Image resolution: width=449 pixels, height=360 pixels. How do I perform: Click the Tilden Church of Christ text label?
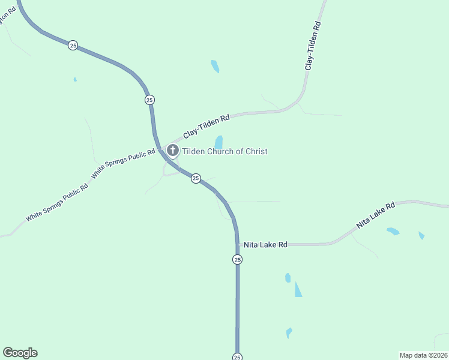click(224, 151)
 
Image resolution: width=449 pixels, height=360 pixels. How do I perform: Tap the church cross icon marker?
click(172, 151)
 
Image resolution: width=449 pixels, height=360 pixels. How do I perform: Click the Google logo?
click(20, 353)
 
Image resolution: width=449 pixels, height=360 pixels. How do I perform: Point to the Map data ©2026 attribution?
click(423, 355)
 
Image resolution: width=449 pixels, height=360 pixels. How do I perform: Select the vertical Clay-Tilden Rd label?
click(313, 46)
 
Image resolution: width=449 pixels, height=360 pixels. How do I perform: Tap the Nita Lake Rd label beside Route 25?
click(265, 245)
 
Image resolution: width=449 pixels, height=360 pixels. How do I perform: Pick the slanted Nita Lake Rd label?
click(376, 215)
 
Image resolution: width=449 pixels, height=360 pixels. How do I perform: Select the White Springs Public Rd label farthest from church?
click(57, 202)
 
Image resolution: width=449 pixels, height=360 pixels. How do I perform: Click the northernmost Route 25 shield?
click(73, 46)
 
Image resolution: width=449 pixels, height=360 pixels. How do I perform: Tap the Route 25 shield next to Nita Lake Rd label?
click(238, 259)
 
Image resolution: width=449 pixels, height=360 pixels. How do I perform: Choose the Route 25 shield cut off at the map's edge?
click(238, 356)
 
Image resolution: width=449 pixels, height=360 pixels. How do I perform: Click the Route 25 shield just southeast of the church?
click(196, 178)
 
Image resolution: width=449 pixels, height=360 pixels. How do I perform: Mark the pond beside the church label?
click(219, 142)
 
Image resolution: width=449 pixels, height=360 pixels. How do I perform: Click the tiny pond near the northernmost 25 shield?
click(75, 79)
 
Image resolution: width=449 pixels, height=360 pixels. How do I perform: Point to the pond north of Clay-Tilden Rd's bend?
click(215, 66)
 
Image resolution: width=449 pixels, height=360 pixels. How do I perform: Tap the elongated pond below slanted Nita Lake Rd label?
click(393, 231)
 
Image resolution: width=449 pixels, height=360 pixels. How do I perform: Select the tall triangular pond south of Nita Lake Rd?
click(298, 289)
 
